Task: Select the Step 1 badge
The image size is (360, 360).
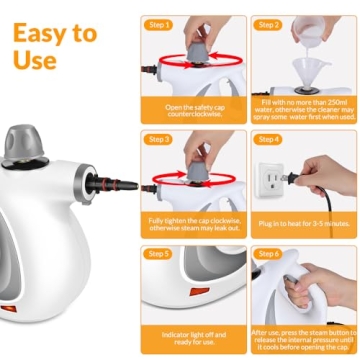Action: coord(161,24)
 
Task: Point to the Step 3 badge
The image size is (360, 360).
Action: coord(161,139)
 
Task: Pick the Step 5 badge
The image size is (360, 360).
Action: coord(161,254)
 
